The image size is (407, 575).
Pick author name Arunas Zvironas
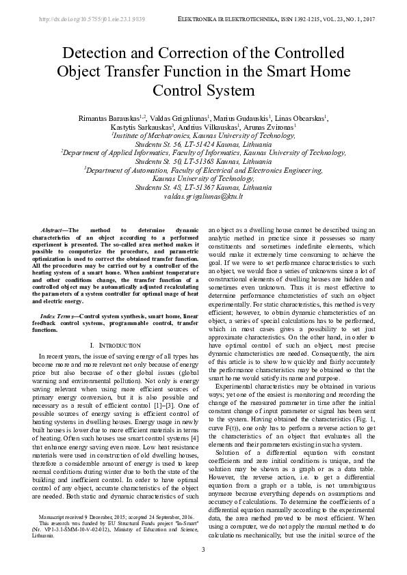[x=272, y=127]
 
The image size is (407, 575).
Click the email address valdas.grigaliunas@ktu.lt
[x=204, y=196]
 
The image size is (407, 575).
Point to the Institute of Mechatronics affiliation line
[x=203, y=136]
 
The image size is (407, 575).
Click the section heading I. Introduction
[x=116, y=346]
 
